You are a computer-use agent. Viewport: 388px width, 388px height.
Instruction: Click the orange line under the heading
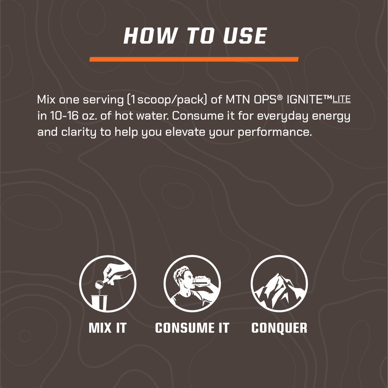pos(194,59)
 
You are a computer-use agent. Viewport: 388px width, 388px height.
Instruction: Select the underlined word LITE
pos(341,99)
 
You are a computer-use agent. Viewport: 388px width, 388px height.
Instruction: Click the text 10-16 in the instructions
pos(64,116)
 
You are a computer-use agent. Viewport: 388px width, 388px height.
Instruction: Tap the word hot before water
pos(123,116)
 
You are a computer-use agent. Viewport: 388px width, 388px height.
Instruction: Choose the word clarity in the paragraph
pos(79,132)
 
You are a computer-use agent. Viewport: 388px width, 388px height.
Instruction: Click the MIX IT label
pos(107,328)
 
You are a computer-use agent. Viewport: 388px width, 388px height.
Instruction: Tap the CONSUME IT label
pos(192,328)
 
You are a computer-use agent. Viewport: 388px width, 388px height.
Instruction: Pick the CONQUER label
pos(279,328)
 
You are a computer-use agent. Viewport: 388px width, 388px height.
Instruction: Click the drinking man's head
pos(184,277)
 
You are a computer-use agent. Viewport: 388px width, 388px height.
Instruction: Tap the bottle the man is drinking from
pos(202,280)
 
